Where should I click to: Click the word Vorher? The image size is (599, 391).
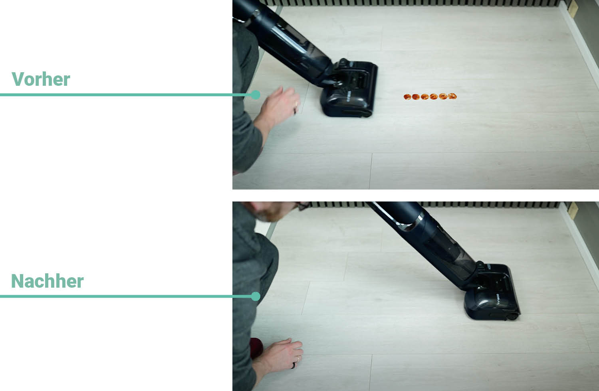tap(41, 79)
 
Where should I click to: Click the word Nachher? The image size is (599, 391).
tap(48, 281)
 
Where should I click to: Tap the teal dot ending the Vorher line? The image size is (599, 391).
tap(256, 95)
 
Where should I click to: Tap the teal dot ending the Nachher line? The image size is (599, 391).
tap(256, 296)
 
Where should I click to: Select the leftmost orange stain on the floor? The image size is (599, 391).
tap(407, 97)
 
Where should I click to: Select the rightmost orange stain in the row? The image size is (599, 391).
tap(452, 96)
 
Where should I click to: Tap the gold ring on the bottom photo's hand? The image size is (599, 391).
tap(298, 359)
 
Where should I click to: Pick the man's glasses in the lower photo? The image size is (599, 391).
tap(303, 205)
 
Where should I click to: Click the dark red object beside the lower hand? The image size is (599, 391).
tap(256, 348)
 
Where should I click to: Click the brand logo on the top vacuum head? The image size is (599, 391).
tap(349, 97)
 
